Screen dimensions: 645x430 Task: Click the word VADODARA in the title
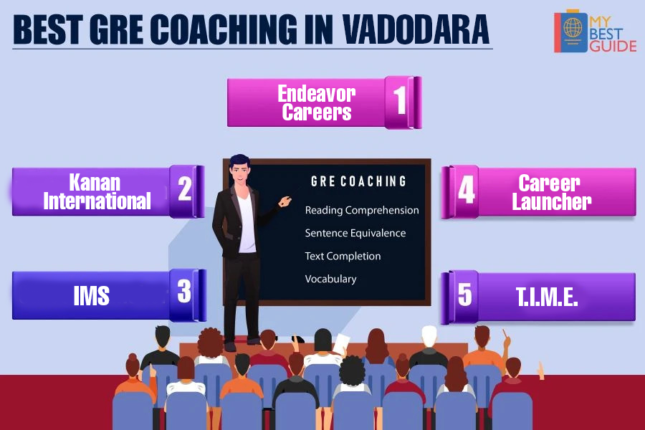(416, 29)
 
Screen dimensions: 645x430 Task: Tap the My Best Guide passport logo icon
(570, 32)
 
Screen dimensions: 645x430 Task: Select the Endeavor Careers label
(316, 102)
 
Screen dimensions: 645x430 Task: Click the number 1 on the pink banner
(400, 100)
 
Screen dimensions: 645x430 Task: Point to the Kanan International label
(97, 191)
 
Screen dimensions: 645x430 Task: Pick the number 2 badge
(185, 189)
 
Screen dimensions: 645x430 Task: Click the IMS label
(91, 295)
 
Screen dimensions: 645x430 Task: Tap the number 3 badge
(184, 292)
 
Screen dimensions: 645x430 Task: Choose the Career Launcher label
(551, 192)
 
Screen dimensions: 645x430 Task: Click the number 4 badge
(466, 190)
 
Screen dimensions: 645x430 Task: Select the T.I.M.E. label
(547, 297)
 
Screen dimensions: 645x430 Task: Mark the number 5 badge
(465, 295)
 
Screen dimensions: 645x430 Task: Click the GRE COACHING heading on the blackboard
(358, 181)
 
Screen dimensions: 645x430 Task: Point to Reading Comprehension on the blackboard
(362, 210)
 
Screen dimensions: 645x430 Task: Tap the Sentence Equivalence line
(355, 233)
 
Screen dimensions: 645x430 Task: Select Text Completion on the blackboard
(343, 256)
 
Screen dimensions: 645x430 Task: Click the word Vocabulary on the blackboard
(330, 279)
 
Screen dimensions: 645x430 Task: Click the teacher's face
(240, 173)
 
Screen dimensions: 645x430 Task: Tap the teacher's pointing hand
(285, 201)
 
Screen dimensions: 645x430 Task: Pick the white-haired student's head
(429, 336)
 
